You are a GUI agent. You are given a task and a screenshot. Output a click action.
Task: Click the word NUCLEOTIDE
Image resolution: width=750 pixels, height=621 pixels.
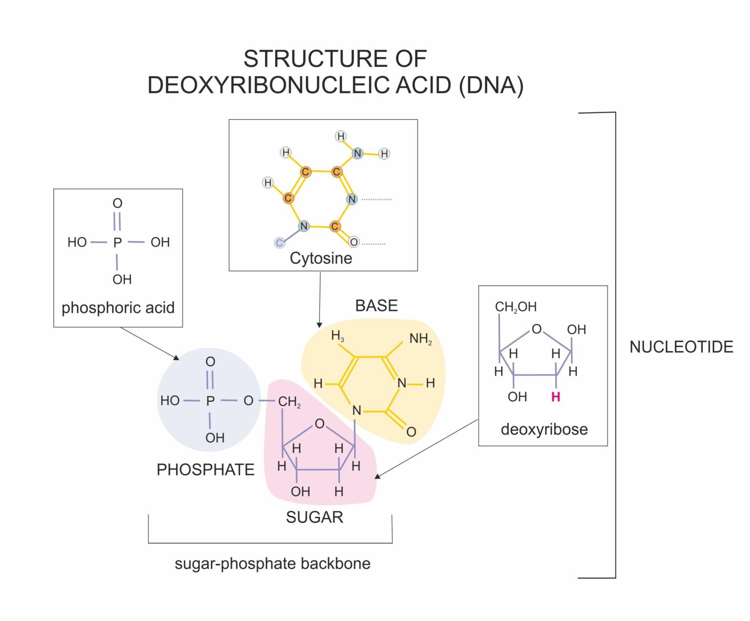click(681, 347)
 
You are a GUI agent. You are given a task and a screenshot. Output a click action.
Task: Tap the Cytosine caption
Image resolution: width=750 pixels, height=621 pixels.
click(321, 258)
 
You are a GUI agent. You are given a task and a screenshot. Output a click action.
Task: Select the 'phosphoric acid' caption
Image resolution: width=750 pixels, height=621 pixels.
click(118, 308)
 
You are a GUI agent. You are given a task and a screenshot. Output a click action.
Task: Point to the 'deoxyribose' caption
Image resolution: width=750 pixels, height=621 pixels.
click(544, 429)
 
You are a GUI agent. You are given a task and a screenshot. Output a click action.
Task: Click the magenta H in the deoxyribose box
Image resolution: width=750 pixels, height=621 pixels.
click(556, 397)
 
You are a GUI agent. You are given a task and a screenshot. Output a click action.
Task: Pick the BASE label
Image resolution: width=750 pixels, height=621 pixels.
click(376, 306)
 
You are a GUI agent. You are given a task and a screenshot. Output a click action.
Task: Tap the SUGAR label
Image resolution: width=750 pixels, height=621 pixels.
click(314, 517)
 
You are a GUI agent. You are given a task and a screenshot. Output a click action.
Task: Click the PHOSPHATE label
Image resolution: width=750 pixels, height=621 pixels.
click(205, 470)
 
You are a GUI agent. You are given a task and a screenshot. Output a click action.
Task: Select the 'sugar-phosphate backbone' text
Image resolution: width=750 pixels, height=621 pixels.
click(272, 563)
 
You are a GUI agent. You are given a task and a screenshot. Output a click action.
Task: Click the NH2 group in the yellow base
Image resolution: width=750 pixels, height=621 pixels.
click(420, 338)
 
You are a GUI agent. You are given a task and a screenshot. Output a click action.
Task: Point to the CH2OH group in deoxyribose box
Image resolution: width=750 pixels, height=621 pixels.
click(516, 307)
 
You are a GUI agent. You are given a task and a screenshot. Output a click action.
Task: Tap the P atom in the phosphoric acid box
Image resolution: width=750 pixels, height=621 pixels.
click(117, 243)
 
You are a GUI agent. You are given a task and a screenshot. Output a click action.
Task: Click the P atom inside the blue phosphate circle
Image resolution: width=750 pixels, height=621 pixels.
click(210, 401)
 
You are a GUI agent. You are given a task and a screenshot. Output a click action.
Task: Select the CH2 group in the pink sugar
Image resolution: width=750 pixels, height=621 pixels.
click(289, 402)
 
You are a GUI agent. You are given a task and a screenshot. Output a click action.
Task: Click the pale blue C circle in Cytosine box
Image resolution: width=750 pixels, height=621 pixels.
click(279, 243)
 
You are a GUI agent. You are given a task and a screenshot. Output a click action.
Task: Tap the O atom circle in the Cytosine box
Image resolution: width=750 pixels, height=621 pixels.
click(354, 242)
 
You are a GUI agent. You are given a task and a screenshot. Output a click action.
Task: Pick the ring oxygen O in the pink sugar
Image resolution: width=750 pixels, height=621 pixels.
click(319, 423)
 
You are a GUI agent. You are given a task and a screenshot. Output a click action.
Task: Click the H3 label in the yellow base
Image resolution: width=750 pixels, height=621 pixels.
click(337, 336)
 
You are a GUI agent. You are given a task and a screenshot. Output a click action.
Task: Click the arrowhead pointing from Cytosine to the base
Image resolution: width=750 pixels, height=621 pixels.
click(319, 325)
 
